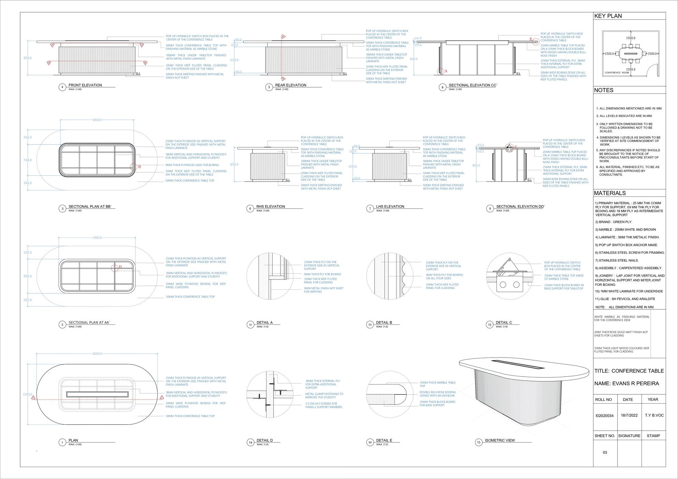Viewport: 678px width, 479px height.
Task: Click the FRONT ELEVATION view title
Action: coord(85,85)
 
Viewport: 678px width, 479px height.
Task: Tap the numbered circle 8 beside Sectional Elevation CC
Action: coord(442,87)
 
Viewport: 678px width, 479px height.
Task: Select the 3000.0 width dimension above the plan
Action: coord(97,354)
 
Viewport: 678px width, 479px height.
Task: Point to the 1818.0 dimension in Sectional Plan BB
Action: coord(97,120)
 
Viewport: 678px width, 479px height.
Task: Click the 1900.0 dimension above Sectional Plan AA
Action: coord(97,238)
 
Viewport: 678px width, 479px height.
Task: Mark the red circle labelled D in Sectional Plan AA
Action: coord(115,268)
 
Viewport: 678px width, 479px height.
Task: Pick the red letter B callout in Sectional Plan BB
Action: coord(139,167)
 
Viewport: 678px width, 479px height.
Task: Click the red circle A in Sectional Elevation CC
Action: coord(441,71)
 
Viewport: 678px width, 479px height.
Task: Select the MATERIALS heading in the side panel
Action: coord(610,193)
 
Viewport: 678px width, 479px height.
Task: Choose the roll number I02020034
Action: coord(604,416)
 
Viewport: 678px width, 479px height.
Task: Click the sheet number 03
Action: coord(605,452)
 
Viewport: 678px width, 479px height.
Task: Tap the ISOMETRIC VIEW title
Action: coord(500,440)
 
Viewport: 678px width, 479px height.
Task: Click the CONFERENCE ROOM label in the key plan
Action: coord(617,73)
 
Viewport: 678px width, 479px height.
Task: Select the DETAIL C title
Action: coord(504,323)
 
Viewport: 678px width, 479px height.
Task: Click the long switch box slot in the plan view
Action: coord(97,394)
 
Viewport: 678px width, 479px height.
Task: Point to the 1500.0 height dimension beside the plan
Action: coord(28,394)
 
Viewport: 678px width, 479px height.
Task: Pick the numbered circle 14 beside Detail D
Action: coord(250,442)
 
